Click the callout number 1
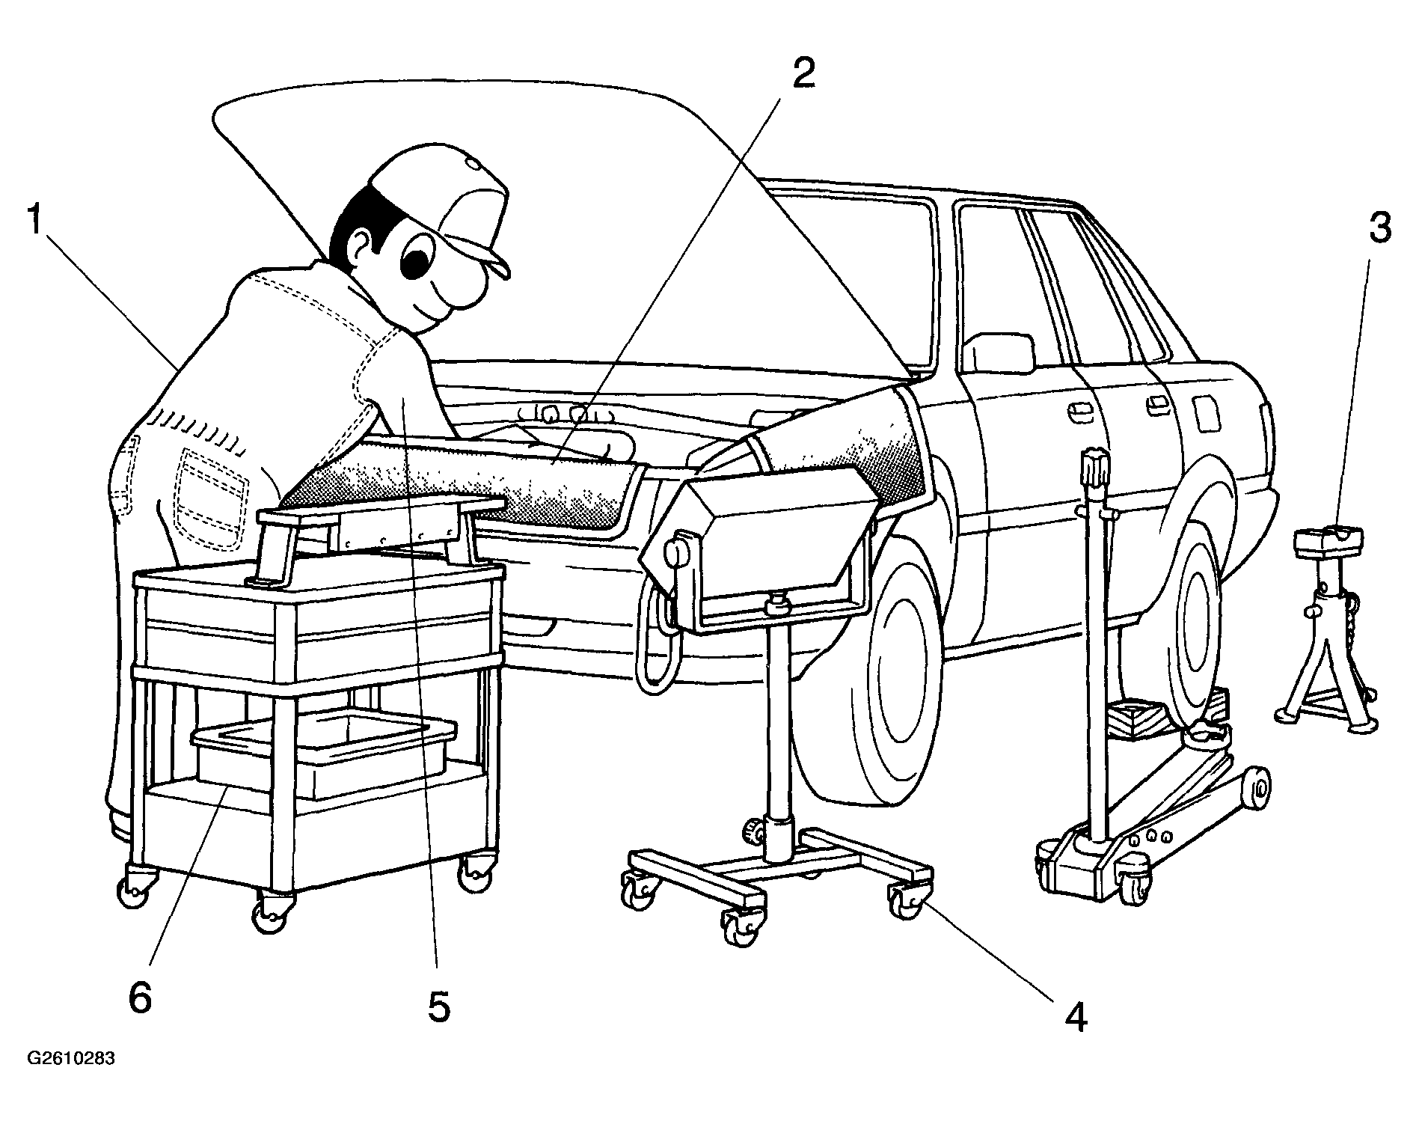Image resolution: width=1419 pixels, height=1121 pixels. click(34, 222)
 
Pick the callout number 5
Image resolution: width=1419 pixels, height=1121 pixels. click(439, 1007)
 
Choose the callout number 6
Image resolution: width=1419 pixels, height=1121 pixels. click(140, 998)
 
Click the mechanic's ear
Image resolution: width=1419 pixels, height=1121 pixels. click(362, 246)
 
